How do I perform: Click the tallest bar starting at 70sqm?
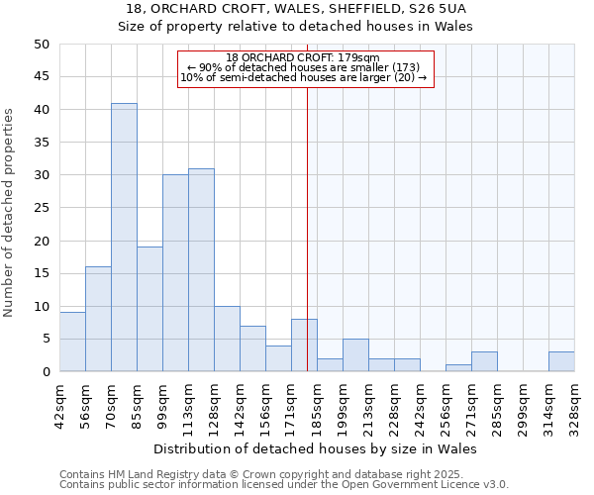(x=124, y=238)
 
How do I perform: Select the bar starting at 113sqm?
(x=201, y=270)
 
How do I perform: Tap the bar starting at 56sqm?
(x=98, y=319)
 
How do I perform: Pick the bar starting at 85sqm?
(x=149, y=309)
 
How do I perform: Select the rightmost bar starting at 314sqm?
(x=561, y=361)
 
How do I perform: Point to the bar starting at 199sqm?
(x=355, y=355)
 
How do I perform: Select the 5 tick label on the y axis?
(x=46, y=339)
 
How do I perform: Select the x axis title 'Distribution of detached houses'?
(x=316, y=448)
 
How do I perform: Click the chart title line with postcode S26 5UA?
(x=296, y=9)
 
